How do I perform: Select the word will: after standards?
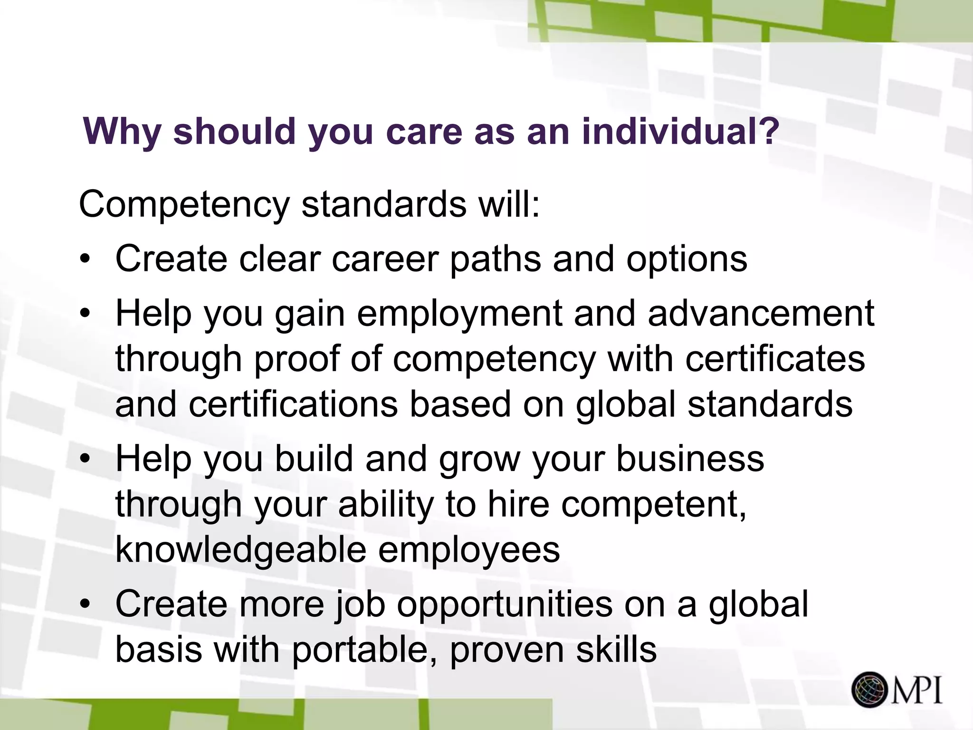click(x=509, y=204)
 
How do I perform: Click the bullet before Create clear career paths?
click(x=85, y=260)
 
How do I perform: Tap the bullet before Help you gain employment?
click(x=85, y=314)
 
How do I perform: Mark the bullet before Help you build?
click(x=85, y=460)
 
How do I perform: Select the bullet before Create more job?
click(x=85, y=605)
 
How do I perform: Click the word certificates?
click(x=775, y=359)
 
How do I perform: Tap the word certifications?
click(x=293, y=404)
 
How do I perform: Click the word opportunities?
click(x=505, y=605)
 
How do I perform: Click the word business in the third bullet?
click(x=690, y=459)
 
